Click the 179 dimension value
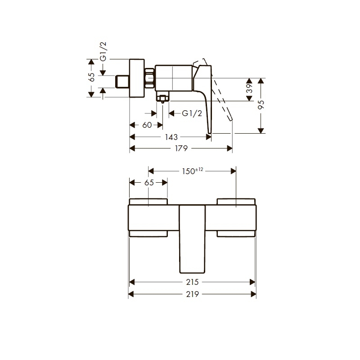pyautogui.click(x=181, y=148)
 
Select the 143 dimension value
pyautogui.click(x=171, y=137)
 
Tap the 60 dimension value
pyautogui.click(x=147, y=125)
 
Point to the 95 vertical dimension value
pyautogui.click(x=261, y=105)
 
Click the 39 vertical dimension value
pyautogui.click(x=249, y=88)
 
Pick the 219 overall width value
pyautogui.click(x=193, y=294)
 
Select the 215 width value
pyautogui.click(x=193, y=282)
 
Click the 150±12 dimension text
pyautogui.click(x=193, y=171)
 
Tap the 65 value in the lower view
pyautogui.click(x=149, y=183)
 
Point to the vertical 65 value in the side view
pyautogui.click(x=92, y=77)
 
